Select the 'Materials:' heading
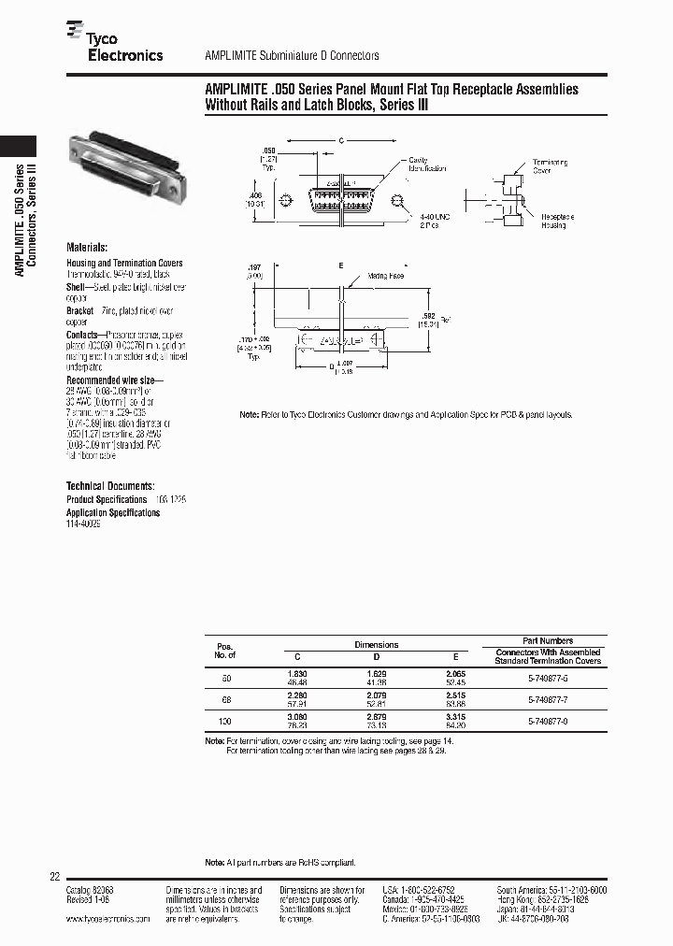point(87,248)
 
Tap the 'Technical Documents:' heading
point(109,486)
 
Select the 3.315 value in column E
point(455,717)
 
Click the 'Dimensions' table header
point(376,645)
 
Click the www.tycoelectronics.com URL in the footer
point(107,920)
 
